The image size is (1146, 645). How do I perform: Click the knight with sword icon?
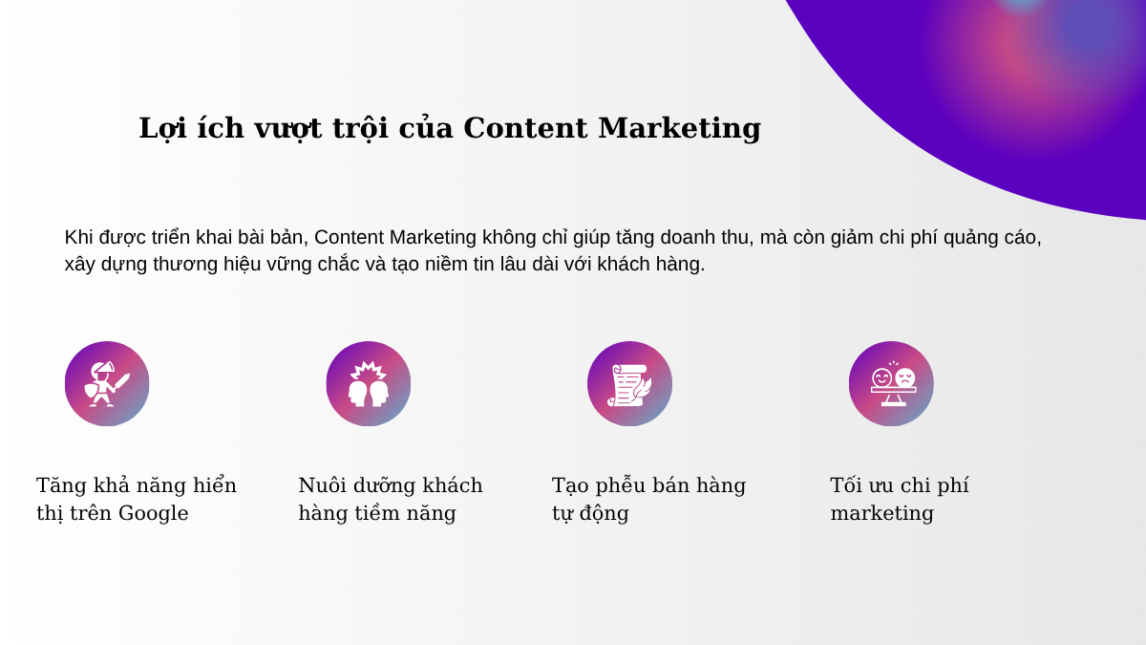click(107, 384)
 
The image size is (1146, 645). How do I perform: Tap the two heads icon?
click(369, 384)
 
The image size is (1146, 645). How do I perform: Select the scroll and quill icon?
click(629, 385)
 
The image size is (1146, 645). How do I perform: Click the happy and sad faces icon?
click(893, 384)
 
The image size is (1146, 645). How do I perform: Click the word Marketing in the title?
click(680, 128)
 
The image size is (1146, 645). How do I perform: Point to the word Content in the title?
click(525, 127)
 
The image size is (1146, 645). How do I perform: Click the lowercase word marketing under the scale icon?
click(882, 513)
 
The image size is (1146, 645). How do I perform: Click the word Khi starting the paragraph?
click(78, 238)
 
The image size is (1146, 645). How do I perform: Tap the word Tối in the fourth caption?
click(848, 484)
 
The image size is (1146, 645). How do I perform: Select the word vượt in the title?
click(288, 129)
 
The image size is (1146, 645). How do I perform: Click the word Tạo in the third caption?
click(570, 485)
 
